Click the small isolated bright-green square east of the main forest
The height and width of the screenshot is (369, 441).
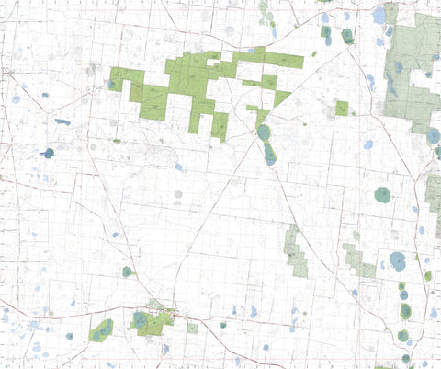point(342,108)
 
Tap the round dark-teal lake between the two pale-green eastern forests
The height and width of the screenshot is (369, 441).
point(382,194)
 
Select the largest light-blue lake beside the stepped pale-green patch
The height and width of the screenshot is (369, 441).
point(397,260)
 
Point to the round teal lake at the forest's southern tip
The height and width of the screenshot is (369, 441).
point(264,133)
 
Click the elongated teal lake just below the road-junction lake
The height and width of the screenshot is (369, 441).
point(270,153)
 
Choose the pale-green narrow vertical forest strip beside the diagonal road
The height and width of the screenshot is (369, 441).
point(295,249)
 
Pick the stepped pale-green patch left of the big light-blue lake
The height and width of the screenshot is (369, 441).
point(359,261)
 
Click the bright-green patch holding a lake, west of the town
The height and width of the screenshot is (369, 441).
point(100,330)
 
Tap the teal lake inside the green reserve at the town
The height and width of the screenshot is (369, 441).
point(140,320)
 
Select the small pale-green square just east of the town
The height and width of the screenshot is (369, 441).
point(192,328)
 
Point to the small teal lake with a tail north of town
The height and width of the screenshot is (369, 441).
point(127,271)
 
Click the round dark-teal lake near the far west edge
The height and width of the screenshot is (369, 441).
point(49,154)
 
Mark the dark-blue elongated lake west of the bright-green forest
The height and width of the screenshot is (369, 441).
point(62,121)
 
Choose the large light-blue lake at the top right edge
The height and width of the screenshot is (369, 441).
point(379,16)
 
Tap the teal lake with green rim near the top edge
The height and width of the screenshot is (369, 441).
point(346,36)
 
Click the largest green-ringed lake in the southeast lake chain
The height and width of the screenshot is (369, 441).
point(405,311)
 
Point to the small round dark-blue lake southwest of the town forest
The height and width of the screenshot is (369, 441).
point(69,336)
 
